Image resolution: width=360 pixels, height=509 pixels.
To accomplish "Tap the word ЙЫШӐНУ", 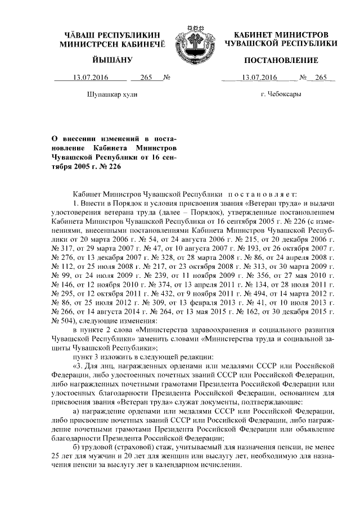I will click(111, 60).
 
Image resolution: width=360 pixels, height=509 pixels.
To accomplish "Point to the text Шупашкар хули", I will click(113, 94).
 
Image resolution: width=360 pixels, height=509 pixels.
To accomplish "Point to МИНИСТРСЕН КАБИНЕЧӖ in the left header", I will click(112, 43).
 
